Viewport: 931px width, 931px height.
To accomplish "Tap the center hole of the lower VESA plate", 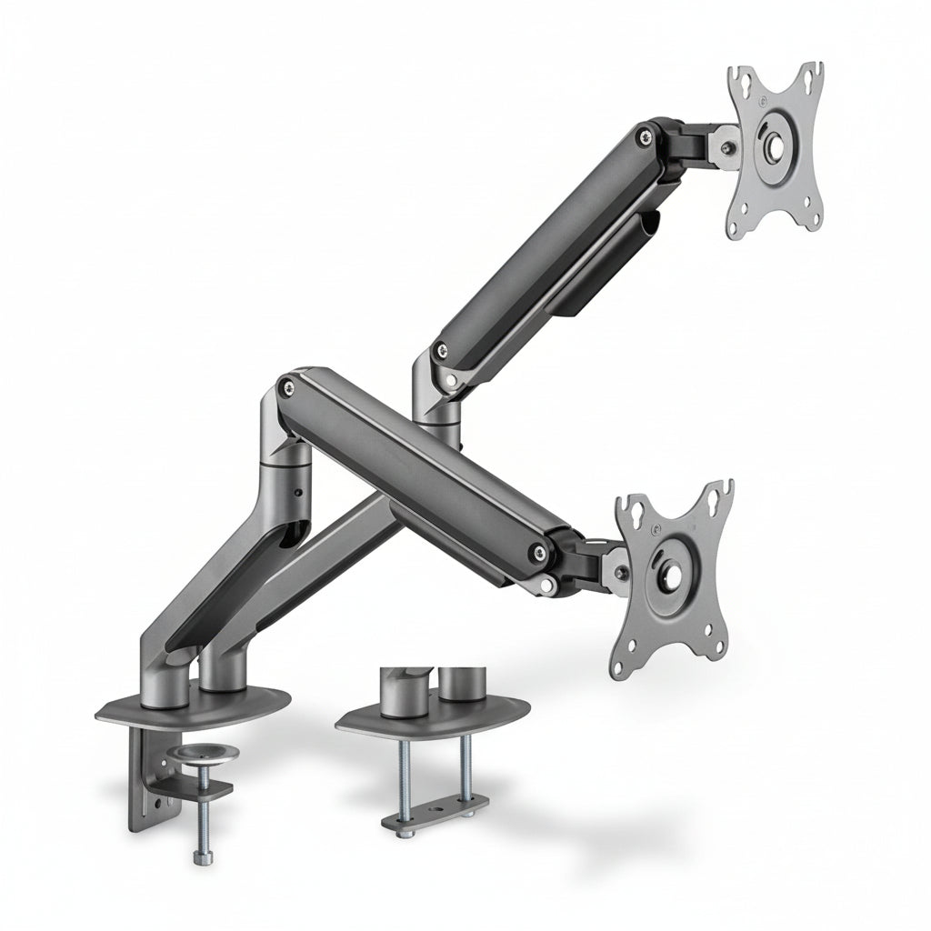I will tap(674, 576).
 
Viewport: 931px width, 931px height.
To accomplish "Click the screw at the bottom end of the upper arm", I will tap(441, 347).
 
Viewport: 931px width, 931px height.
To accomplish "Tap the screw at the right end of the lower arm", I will tap(542, 551).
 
